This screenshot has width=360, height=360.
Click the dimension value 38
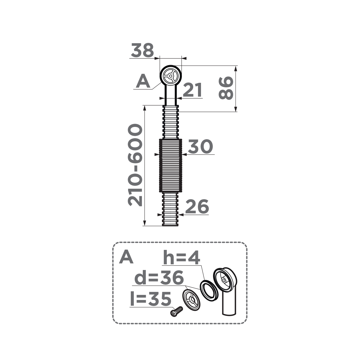(142, 50)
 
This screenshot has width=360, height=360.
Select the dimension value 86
(226, 88)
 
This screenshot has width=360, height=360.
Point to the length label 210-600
(135, 165)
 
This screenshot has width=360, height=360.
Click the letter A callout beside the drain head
(143, 82)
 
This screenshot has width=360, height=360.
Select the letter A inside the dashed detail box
(126, 257)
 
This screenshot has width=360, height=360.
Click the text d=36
(159, 278)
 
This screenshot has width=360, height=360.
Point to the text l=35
(151, 299)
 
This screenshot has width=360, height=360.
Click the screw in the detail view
(176, 311)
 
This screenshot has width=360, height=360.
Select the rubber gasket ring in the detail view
(209, 290)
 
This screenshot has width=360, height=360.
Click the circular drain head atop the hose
(170, 76)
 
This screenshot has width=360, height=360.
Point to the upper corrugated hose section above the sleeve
(170, 122)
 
